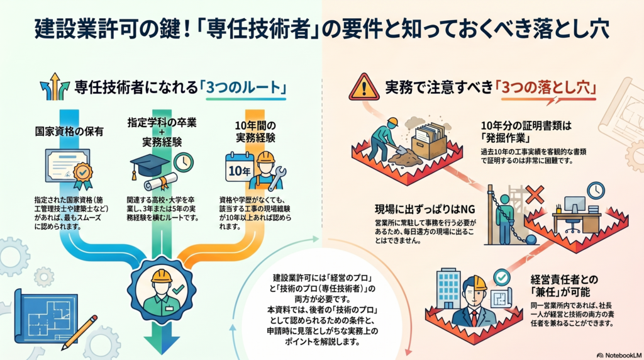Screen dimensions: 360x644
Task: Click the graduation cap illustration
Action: coord(149,166)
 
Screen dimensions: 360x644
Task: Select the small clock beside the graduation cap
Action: coord(183,162)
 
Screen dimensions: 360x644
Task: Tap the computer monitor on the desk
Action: coord(574,205)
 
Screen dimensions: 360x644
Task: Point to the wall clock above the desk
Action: coord(595,189)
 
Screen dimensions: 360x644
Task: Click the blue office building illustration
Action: coord(449,288)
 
